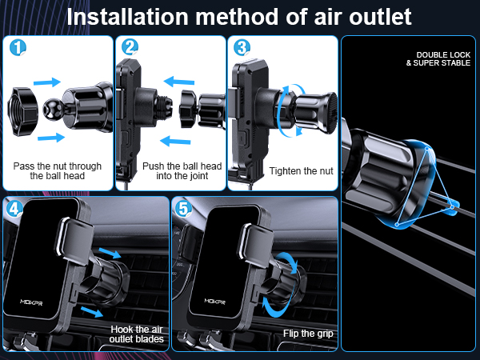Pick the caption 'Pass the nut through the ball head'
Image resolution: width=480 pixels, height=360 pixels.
[x=57, y=170]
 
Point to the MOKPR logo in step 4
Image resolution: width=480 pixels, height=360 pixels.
[x=37, y=302]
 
